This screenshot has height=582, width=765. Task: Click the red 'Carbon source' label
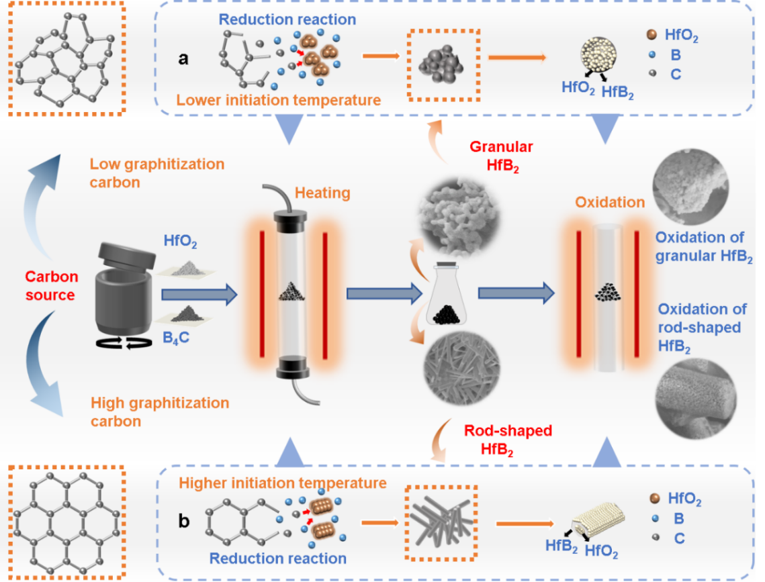point(51,285)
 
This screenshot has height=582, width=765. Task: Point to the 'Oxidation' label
point(609,202)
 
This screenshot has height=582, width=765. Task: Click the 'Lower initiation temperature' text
point(279,101)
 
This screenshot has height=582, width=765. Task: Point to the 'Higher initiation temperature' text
point(282,483)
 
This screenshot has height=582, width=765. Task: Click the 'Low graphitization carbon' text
point(156,173)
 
